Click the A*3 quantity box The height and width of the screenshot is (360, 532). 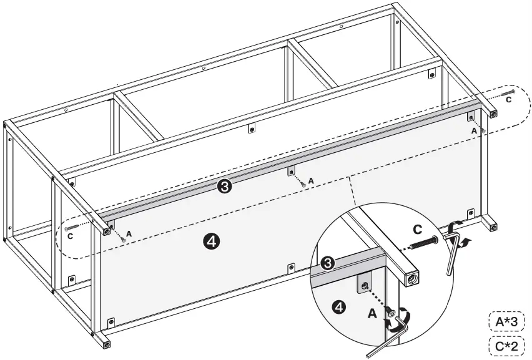506,321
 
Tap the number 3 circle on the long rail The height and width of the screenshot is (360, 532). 225,186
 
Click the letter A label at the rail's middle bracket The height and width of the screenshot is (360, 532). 311,180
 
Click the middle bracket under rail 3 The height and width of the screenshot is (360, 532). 291,172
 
